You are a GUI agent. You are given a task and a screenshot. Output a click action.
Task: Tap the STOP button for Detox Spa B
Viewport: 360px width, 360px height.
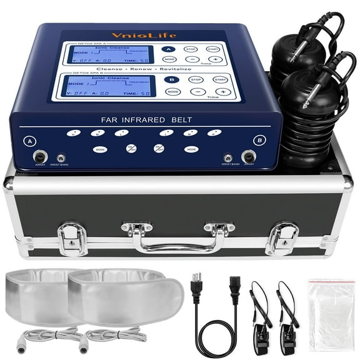(x=196, y=80)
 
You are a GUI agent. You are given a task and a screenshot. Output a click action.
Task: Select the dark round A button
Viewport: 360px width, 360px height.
(x=168, y=49)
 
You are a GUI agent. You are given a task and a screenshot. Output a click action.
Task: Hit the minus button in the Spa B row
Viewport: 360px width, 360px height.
(x=197, y=92)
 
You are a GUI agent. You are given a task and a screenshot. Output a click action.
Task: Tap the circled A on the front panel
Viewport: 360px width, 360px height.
(x=29, y=141)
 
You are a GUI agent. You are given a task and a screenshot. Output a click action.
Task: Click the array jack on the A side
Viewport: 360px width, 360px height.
(x=39, y=157)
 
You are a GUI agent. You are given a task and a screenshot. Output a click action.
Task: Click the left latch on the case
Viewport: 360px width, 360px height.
(x=71, y=237)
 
